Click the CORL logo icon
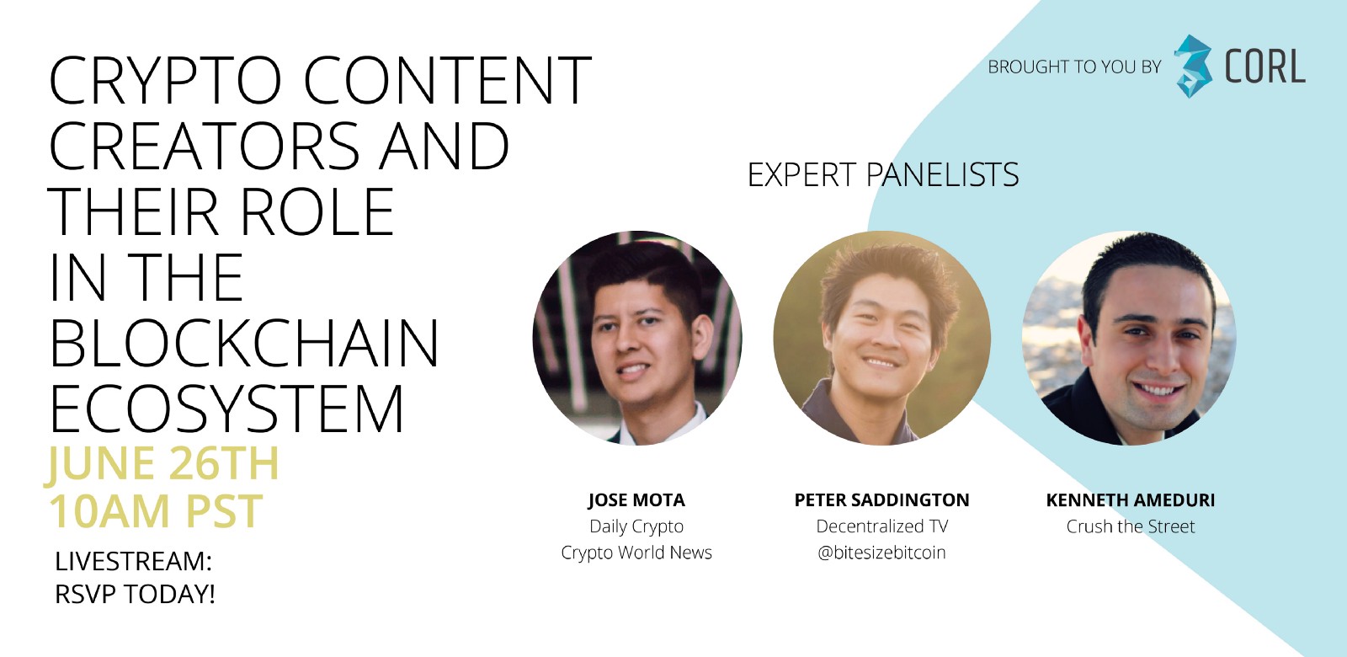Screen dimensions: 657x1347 [1193, 66]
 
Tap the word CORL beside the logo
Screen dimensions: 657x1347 [1264, 67]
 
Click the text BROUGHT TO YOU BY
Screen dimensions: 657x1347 [1074, 67]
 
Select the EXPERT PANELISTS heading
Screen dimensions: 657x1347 [883, 175]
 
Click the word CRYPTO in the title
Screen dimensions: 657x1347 [165, 81]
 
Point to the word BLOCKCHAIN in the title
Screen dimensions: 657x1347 [244, 345]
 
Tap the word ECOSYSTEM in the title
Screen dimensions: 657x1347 [226, 410]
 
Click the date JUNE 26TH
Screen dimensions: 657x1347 [162, 463]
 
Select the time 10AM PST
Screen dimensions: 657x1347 [156, 511]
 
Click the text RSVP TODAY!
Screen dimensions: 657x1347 [135, 594]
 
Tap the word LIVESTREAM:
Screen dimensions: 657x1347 [133, 561]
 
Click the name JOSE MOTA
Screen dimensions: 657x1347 [636, 500]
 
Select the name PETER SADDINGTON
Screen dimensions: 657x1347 [881, 500]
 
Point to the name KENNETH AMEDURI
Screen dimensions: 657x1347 [1130, 500]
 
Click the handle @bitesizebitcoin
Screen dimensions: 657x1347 [881, 553]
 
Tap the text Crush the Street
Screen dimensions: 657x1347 [1130, 526]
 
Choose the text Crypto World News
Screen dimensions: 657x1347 [636, 553]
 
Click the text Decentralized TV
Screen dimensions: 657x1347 [881, 526]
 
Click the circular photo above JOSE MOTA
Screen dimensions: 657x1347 [637, 338]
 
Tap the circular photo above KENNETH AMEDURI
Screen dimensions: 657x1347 [1129, 338]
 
